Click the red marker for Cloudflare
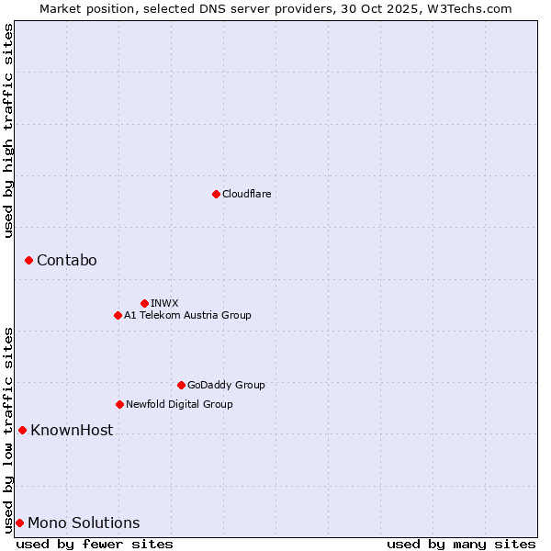tap(216, 194)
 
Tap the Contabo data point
tap(28, 261)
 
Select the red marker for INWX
tap(144, 303)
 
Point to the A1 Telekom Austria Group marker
tap(118, 315)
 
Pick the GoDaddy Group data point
tap(181, 385)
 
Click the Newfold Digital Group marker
tap(119, 404)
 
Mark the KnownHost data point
tap(22, 430)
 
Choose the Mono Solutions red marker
tap(19, 523)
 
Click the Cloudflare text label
tap(246, 194)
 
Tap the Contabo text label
tap(66, 261)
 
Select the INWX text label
tap(164, 303)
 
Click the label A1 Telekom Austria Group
tap(187, 315)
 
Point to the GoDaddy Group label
tap(225, 385)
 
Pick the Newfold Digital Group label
tap(179, 404)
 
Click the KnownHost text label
tap(72, 430)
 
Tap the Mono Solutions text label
tap(84, 523)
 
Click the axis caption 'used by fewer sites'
tap(95, 544)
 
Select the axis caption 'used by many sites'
tap(461, 544)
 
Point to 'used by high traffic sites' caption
tap(8, 130)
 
